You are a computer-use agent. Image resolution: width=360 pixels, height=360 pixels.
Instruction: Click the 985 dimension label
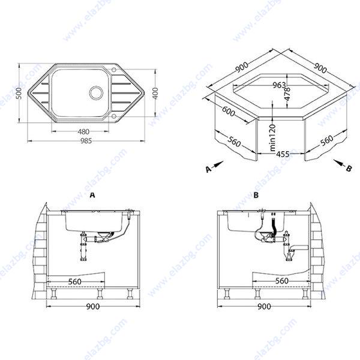86,141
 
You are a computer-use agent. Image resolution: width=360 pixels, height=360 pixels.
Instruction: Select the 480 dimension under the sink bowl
83,131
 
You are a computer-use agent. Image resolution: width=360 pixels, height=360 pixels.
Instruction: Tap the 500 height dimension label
20,93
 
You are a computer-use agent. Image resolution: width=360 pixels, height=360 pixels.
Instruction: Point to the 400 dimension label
155,93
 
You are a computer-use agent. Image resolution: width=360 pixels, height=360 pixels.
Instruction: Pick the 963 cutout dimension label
279,85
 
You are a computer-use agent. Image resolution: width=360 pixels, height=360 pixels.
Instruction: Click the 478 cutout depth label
287,94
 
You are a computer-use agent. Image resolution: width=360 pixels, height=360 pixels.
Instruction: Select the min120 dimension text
272,137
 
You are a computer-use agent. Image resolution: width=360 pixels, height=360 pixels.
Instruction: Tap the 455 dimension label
283,154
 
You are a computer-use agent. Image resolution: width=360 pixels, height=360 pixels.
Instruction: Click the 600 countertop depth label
229,112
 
